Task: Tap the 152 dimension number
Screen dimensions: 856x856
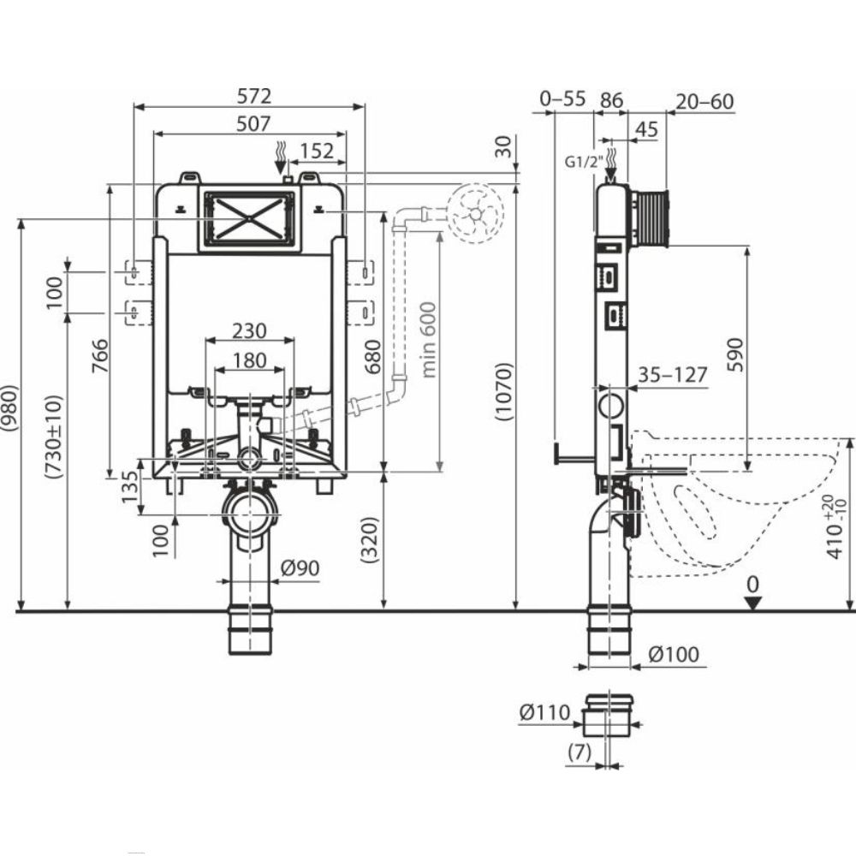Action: [317, 151]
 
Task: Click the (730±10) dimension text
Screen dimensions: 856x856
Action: [55, 439]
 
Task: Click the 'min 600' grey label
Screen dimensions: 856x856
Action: [429, 339]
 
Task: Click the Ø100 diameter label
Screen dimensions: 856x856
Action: [674, 655]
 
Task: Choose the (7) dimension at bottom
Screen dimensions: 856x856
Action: [580, 753]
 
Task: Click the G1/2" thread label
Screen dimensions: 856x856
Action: [585, 161]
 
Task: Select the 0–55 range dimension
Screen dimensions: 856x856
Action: [562, 99]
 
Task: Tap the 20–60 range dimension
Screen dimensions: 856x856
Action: [704, 101]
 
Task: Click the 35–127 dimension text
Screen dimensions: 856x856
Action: [673, 374]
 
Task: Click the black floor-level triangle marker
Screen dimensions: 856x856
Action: [752, 603]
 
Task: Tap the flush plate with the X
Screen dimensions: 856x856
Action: [248, 219]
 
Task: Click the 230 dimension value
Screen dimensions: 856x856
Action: [249, 330]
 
